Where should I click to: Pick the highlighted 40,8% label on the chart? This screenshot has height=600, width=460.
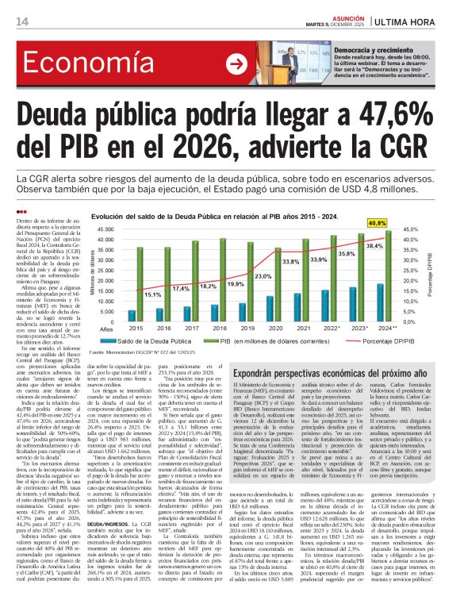click(400, 223)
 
